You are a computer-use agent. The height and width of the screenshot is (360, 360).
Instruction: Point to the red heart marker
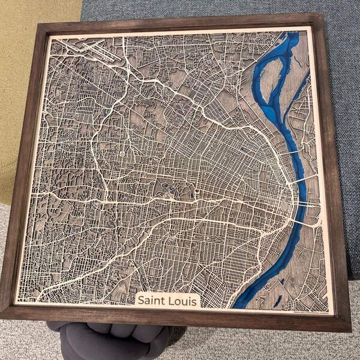[x=196, y=193]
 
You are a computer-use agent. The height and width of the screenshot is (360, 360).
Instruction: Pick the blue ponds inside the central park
[x=169, y=191]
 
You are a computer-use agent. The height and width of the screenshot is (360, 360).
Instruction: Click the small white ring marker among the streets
[x=122, y=154]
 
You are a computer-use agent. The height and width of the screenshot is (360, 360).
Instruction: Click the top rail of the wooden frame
[x=180, y=22]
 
